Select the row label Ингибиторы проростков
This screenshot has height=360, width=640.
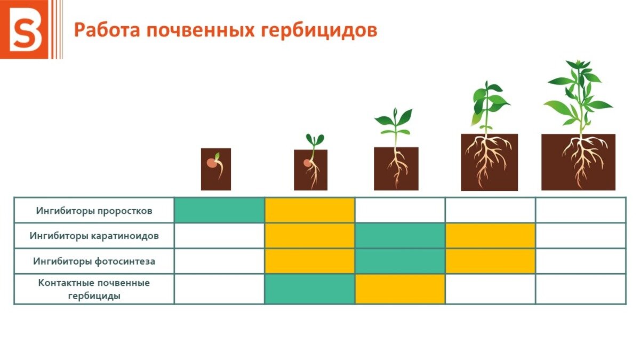point(94,211)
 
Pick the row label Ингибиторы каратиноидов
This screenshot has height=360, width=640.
point(94,236)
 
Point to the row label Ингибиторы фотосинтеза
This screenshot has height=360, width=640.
point(94,261)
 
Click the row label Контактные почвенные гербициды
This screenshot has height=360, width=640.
point(94,289)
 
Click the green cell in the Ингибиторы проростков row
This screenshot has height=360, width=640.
point(220,210)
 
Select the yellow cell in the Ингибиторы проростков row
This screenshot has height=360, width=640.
point(310,210)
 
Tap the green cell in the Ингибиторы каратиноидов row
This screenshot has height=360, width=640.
point(400,236)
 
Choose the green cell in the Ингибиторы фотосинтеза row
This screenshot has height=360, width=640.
point(400,261)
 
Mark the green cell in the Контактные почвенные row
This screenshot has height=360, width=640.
point(310,289)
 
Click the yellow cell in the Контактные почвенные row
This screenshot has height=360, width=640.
point(400,289)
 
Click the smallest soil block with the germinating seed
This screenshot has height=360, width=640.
point(216,170)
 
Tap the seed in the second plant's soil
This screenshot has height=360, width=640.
point(308,163)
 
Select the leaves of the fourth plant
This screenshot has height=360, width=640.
point(488,101)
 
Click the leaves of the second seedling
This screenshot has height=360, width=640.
point(315,140)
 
